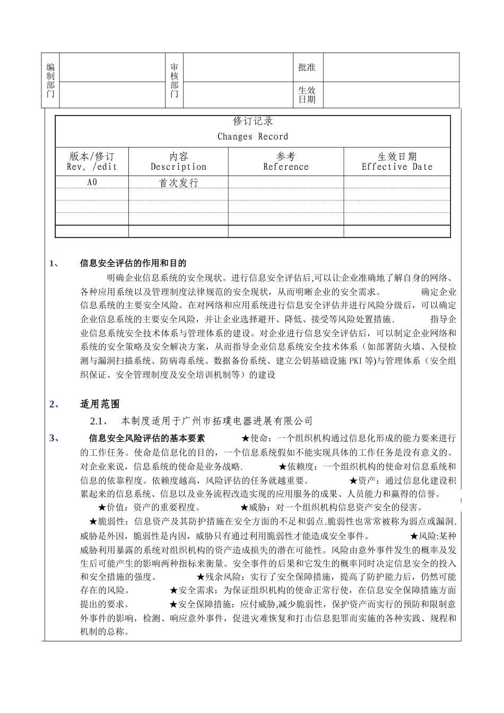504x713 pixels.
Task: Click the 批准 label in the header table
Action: [x=307, y=67]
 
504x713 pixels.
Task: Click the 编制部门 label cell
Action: [x=50, y=81]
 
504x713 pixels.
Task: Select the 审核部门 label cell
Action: [x=174, y=81]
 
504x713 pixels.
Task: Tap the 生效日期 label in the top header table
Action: [x=307, y=95]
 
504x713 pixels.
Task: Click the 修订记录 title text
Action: [x=253, y=121]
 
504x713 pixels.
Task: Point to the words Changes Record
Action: [x=253, y=137]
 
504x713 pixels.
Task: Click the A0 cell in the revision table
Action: [x=92, y=182]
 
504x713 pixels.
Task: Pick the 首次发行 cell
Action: [x=178, y=183]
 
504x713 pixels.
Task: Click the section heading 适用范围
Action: [x=100, y=404]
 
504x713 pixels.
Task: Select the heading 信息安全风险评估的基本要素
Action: [x=146, y=438]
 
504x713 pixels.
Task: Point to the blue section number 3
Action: [x=53, y=438]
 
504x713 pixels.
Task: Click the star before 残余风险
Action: [x=201, y=577]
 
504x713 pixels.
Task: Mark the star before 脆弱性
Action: [x=93, y=521]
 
